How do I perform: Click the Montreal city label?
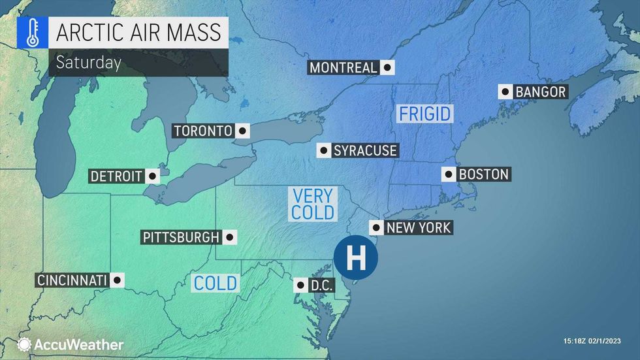pyautogui.click(x=344, y=67)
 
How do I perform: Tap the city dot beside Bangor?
pyautogui.click(x=505, y=92)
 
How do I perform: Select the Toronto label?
pyautogui.click(x=203, y=131)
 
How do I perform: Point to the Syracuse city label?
pyautogui.click(x=365, y=150)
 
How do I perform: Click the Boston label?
pyautogui.click(x=484, y=174)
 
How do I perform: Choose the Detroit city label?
pyautogui.click(x=117, y=176)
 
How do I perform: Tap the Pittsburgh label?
pyautogui.click(x=181, y=237)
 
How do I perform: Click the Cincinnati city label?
pyautogui.click(x=72, y=280)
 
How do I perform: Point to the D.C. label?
pyautogui.click(x=321, y=285)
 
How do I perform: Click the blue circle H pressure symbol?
pyautogui.click(x=356, y=258)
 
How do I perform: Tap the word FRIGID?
pyautogui.click(x=425, y=114)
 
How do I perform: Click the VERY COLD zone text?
pyautogui.click(x=313, y=204)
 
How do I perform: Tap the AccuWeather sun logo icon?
pyautogui.click(x=24, y=344)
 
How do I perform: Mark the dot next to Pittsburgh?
pyautogui.click(x=230, y=237)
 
